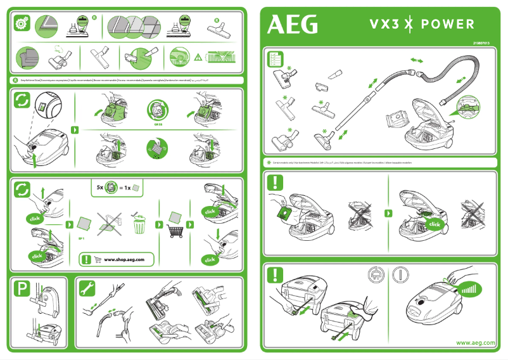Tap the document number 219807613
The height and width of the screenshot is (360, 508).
tap(483, 42)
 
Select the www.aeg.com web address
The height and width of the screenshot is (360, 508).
tap(476, 343)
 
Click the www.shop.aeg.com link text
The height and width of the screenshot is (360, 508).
tap(129, 260)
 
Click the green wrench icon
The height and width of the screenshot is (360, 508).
tap(87, 288)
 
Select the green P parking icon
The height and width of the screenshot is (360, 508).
tap(22, 290)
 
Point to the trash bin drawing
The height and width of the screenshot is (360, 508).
tap(140, 224)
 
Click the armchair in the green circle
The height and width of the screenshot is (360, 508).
tap(27, 57)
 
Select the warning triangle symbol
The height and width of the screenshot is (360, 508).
tap(198, 58)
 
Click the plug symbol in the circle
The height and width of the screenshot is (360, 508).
tap(376, 275)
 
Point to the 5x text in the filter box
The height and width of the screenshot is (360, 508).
tap(100, 188)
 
